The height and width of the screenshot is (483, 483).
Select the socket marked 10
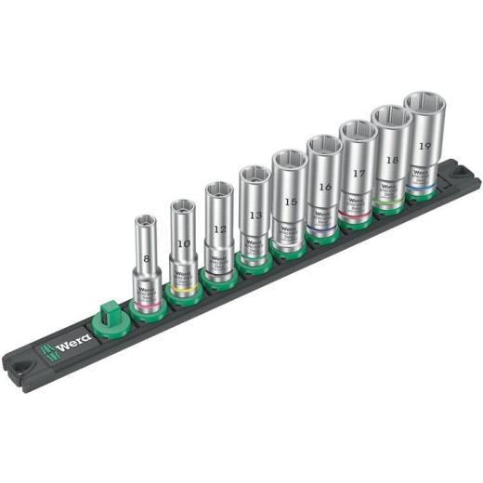tap(182, 246)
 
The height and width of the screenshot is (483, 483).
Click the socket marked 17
tap(358, 172)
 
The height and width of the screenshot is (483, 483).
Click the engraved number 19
tap(424, 146)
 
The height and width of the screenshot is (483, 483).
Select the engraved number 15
tap(292, 202)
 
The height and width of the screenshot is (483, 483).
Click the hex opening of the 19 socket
tap(424, 103)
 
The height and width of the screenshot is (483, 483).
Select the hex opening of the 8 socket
tap(146, 223)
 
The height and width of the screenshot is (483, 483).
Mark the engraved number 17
tap(359, 172)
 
